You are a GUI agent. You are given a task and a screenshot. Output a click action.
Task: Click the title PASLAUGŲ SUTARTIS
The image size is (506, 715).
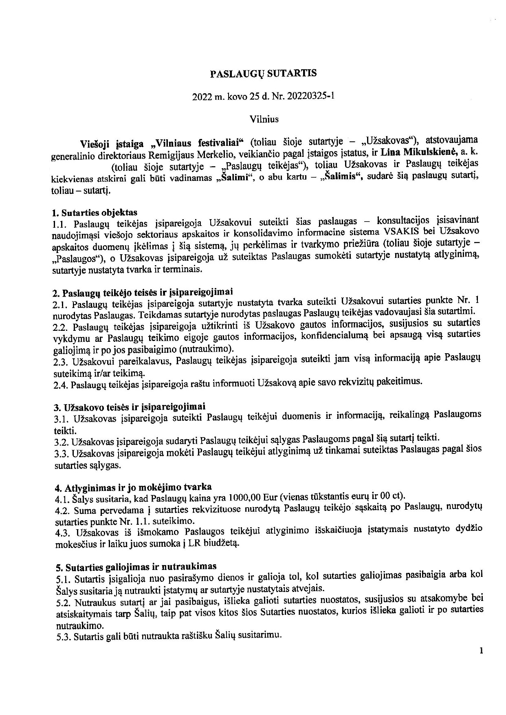[263, 73]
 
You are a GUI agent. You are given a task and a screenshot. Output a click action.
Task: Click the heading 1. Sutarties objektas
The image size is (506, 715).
[95, 212]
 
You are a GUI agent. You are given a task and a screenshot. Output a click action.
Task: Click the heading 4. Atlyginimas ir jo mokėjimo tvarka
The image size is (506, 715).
[133, 487]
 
